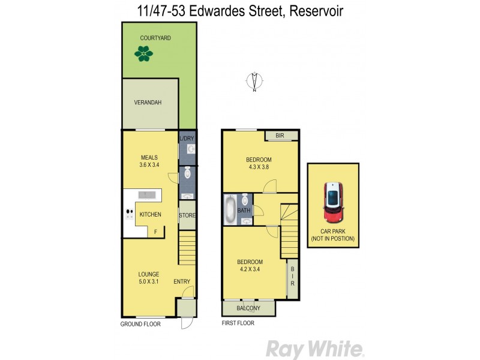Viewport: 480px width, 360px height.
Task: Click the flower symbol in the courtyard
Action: [143, 55]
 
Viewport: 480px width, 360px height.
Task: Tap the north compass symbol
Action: [254, 81]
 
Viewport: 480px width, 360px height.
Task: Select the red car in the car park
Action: [332, 201]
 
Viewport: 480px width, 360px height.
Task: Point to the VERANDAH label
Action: [148, 103]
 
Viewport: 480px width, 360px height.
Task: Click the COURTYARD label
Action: [156, 38]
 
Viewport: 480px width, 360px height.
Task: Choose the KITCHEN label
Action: [150, 214]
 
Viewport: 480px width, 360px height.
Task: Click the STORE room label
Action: [187, 215]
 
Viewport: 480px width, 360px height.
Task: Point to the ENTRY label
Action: [182, 282]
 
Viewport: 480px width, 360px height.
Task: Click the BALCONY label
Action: [248, 308]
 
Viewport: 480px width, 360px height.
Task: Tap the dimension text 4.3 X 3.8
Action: [259, 167]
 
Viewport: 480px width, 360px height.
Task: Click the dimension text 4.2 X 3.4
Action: [250, 270]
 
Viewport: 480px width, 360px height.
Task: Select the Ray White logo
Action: [314, 349]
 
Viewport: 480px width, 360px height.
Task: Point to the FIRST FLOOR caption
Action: [238, 323]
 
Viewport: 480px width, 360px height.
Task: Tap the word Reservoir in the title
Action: [316, 11]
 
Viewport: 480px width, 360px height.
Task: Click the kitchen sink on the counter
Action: [146, 194]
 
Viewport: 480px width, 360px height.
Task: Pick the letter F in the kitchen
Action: [156, 231]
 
